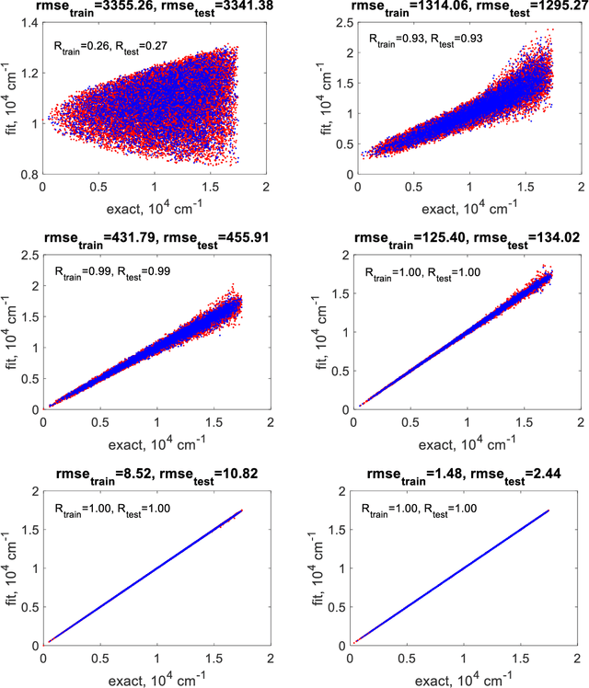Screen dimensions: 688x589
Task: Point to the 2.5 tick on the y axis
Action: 335,20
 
